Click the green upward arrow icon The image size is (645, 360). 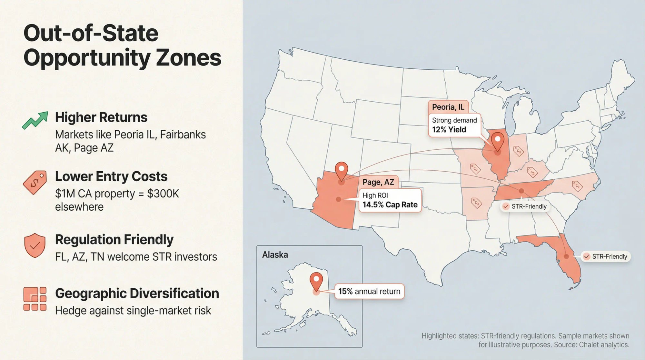coord(35,120)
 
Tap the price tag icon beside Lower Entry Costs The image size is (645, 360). coord(35,182)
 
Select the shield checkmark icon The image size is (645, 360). coord(35,245)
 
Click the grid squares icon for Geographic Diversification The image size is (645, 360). coord(35,299)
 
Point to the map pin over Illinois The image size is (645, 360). coord(498,141)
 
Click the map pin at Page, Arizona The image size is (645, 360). coord(341,171)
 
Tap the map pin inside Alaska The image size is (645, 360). coord(316,281)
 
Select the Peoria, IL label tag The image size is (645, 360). coord(448,107)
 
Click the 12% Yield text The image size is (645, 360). coord(449,130)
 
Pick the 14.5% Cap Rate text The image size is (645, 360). coord(390,205)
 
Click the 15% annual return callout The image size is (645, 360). coord(369,291)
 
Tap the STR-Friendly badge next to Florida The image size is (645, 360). coord(606,256)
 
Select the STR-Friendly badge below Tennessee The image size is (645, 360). coord(525,206)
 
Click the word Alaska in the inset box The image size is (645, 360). coord(275,255)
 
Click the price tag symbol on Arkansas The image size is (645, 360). coord(476,203)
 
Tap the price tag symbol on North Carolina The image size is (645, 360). coord(577,186)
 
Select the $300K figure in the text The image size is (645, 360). coord(163,194)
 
